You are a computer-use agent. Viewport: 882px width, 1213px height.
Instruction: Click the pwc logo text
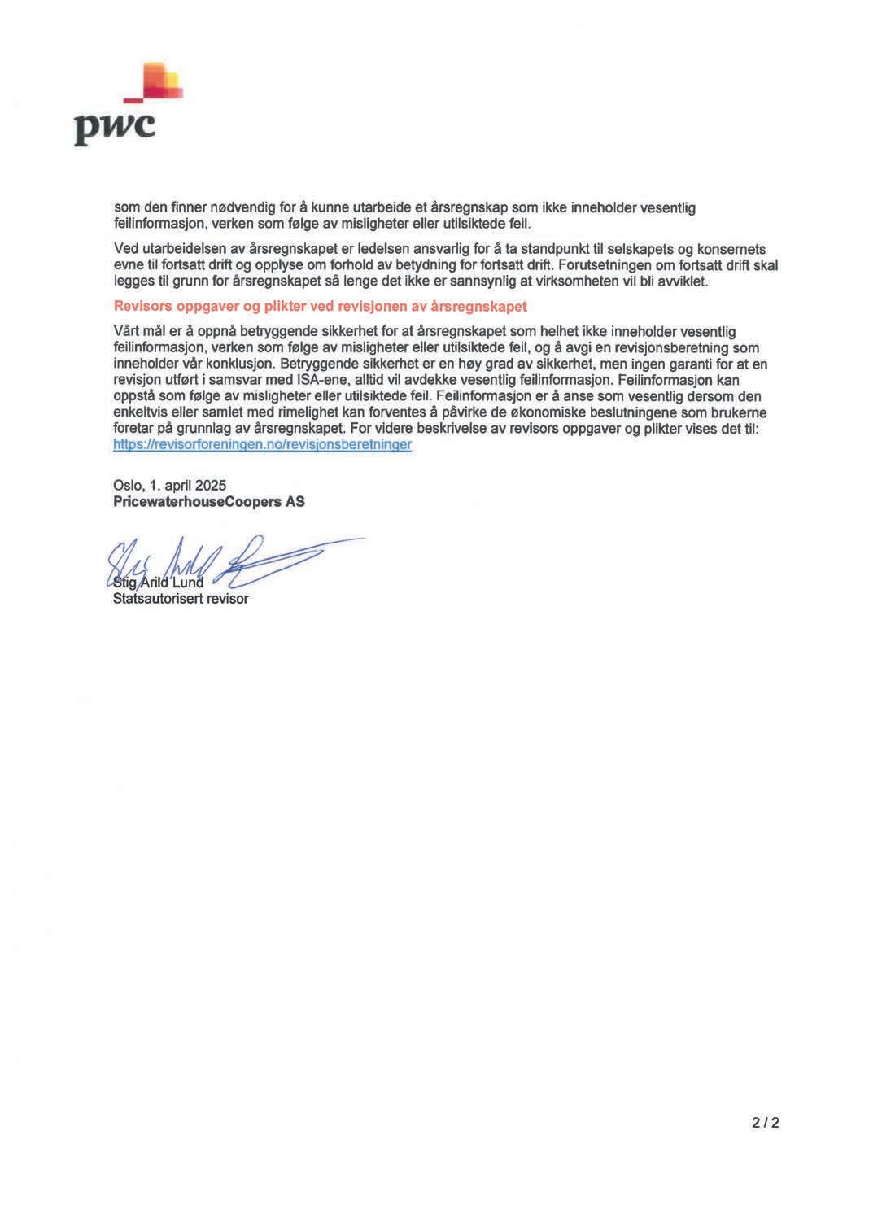pyautogui.click(x=115, y=128)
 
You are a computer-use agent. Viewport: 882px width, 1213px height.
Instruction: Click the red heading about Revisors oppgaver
pyautogui.click(x=321, y=306)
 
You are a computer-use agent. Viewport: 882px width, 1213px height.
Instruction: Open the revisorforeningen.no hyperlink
pyautogui.click(x=262, y=445)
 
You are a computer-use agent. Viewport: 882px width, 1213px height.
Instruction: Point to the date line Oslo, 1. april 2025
pyautogui.click(x=169, y=485)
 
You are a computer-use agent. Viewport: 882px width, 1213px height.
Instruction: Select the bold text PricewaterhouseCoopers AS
pyautogui.click(x=209, y=501)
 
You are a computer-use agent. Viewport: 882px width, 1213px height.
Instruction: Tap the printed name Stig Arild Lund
pyautogui.click(x=159, y=582)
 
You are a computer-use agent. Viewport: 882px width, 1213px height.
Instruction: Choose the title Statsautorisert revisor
pyautogui.click(x=181, y=599)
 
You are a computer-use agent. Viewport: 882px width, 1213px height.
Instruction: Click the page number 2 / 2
pyautogui.click(x=766, y=1123)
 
